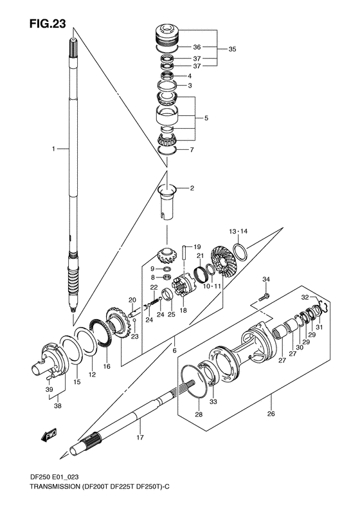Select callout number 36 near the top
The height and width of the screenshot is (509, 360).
[x=197, y=47]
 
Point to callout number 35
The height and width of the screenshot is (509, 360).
[x=233, y=48]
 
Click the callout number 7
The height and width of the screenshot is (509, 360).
[x=190, y=151]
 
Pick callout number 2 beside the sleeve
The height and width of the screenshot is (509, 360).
[x=192, y=189]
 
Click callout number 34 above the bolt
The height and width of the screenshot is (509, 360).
[x=266, y=279]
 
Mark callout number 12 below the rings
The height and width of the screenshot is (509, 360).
[x=92, y=374]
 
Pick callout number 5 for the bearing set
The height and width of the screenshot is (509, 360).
[x=206, y=118]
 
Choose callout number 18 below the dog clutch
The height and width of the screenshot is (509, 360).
[x=183, y=310]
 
